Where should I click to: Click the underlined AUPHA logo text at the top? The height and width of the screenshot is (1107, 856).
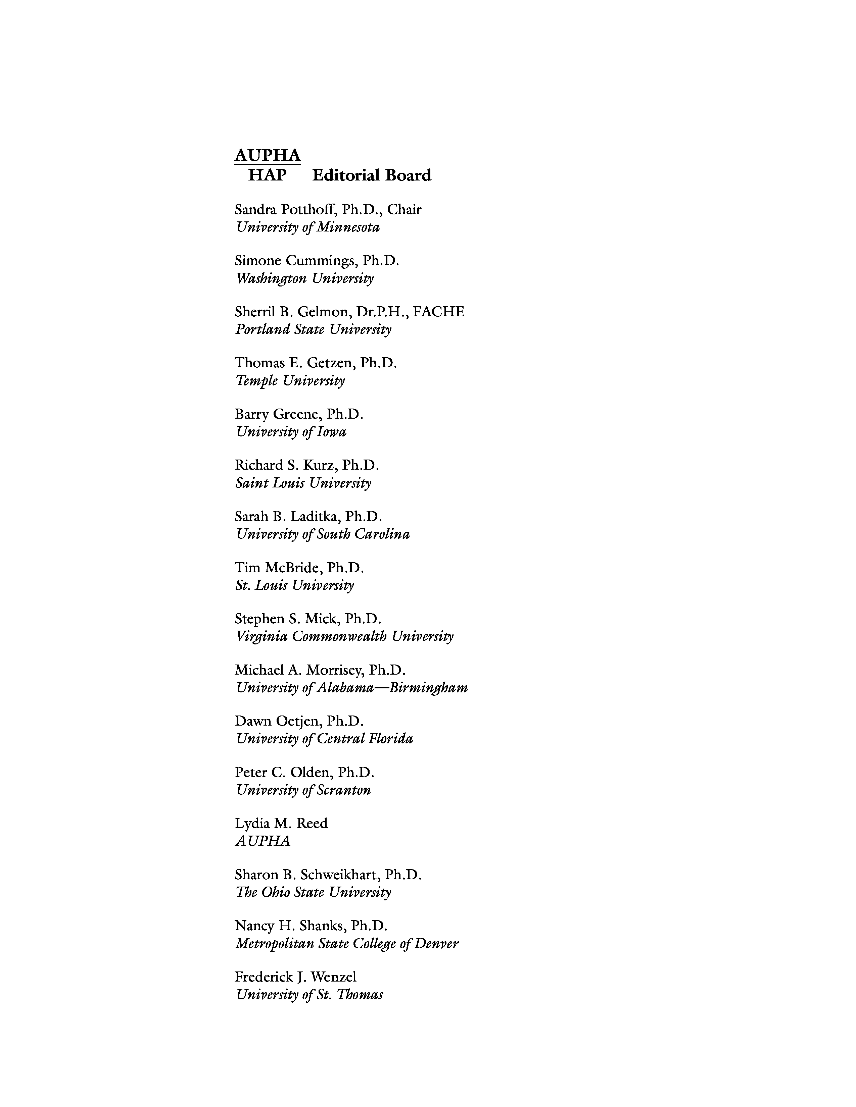tap(267, 155)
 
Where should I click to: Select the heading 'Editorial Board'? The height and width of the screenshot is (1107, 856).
tap(372, 175)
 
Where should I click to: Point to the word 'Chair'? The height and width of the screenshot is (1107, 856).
tap(404, 209)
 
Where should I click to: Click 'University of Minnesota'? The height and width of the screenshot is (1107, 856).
tap(307, 227)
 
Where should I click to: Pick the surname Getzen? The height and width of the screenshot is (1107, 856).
tap(330, 363)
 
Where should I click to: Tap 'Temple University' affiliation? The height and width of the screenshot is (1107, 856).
tap(290, 381)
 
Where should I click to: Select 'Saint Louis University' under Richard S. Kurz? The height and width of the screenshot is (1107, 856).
tap(303, 483)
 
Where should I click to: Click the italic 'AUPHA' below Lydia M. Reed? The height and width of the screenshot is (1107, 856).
tap(263, 841)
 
